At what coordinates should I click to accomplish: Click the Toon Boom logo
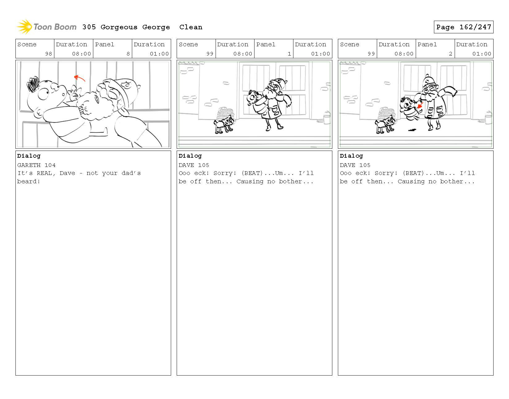[46, 27]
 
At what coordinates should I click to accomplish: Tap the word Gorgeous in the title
[119, 27]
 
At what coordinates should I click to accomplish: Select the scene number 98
[48, 54]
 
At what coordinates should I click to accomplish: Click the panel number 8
[128, 54]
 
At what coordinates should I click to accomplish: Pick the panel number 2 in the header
[450, 54]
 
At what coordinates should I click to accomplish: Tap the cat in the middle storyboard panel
[223, 124]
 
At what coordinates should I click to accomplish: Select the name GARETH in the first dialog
[29, 165]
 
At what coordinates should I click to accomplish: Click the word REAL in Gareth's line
[44, 173]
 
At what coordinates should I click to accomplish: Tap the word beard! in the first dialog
[29, 181]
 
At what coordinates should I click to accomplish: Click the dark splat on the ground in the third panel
[413, 130]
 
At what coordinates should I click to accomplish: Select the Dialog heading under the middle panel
[190, 156]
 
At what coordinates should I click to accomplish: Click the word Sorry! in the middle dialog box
[225, 173]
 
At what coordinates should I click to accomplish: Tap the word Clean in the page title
[191, 27]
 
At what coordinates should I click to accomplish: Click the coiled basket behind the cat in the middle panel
[225, 114]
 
